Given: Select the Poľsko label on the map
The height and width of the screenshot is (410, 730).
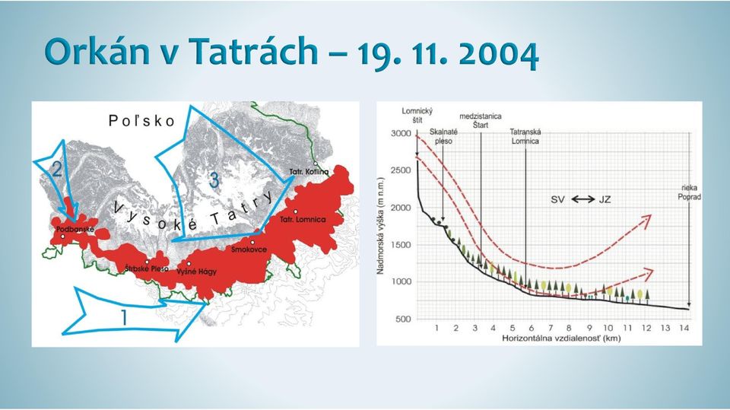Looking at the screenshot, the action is point(141,121).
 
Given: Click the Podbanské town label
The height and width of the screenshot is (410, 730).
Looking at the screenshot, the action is point(75,229).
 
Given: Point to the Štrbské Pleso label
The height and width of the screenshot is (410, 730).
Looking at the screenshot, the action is point(147,269).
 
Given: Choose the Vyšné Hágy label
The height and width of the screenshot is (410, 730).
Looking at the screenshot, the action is point(196,272).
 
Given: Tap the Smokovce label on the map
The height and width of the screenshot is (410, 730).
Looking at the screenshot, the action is point(249,249).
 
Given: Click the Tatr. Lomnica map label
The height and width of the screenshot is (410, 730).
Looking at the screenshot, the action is point(303,219).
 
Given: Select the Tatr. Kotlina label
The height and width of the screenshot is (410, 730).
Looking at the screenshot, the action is point(309,171).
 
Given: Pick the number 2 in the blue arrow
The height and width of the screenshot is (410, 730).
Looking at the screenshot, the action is point(56,169).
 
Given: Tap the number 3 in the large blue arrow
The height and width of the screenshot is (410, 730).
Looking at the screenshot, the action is point(214,180).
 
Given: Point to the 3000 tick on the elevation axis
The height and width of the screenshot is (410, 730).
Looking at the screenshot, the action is point(401,133).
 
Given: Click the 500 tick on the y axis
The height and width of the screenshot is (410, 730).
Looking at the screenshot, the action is point(404,319).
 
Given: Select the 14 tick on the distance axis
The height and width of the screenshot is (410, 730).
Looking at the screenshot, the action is point(684,328).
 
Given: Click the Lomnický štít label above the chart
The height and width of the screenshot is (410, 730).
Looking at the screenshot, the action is point(417,116).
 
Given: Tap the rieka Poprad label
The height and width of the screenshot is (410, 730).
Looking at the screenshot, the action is point(690,192).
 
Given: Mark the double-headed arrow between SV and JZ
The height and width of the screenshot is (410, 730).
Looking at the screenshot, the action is point(583,199).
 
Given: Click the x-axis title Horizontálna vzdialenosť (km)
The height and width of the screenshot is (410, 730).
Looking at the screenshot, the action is point(561,338).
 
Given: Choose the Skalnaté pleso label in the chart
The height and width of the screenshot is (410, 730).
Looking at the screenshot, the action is point(443,136).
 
